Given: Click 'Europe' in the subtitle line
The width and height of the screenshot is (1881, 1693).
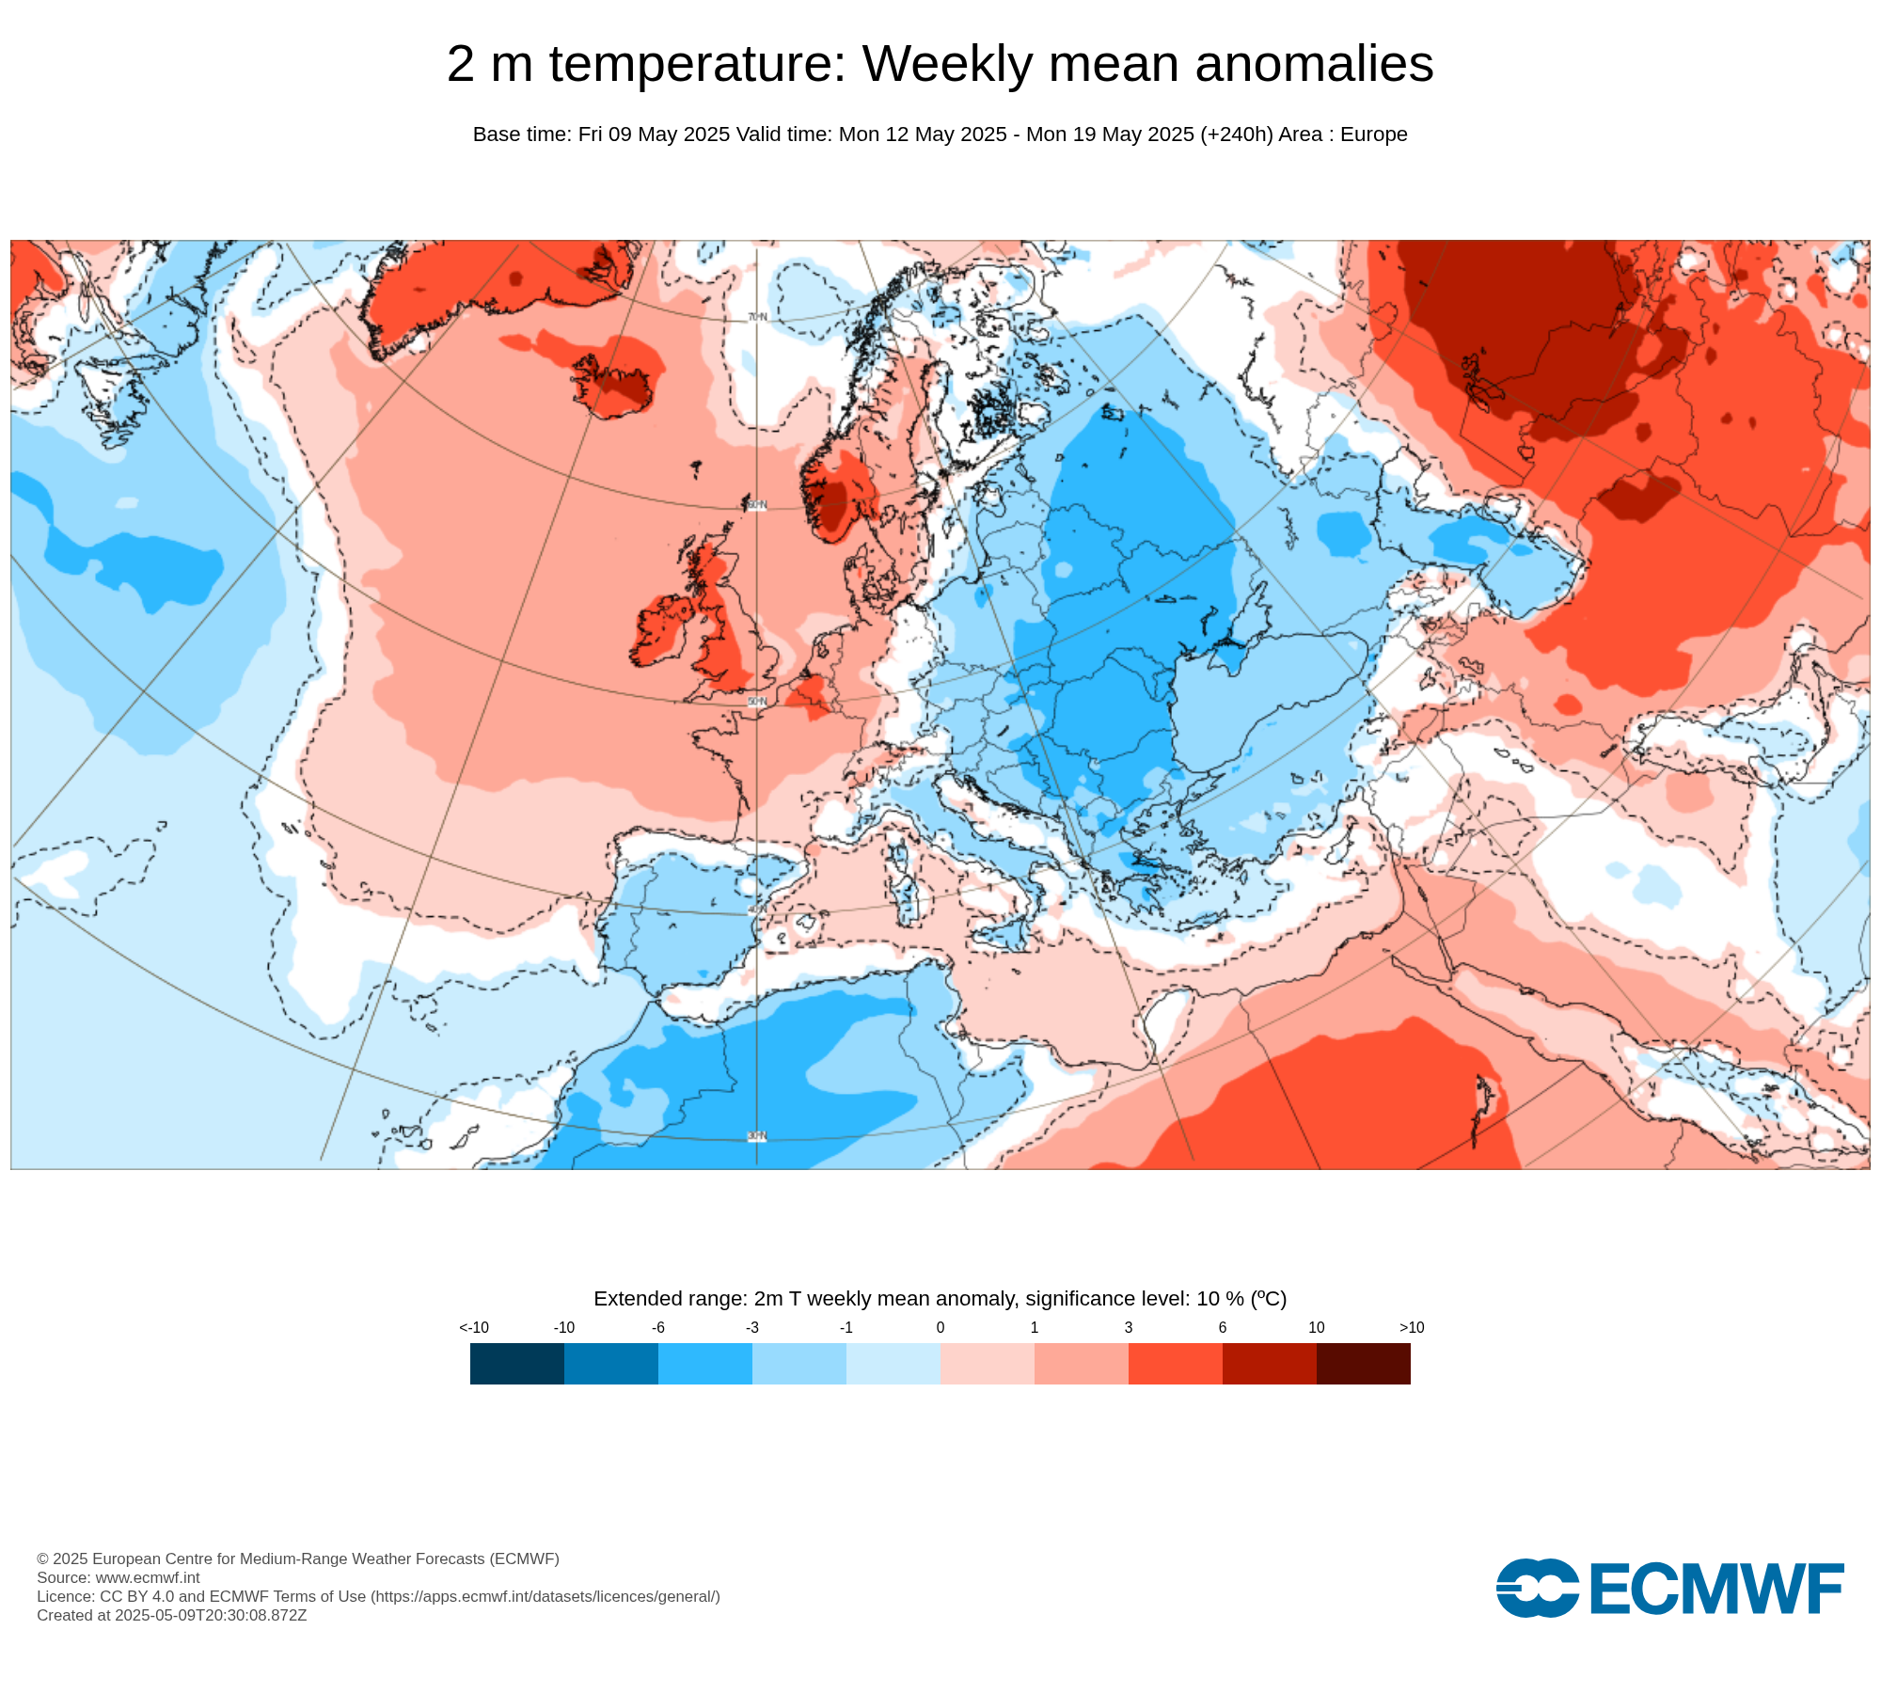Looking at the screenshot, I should (x=1373, y=134).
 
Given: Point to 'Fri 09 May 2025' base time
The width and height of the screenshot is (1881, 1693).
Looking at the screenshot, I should (x=654, y=134).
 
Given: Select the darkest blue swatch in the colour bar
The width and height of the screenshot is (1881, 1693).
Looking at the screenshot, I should (x=517, y=1363).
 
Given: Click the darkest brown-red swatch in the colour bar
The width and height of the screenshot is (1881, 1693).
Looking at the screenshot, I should (x=1364, y=1363).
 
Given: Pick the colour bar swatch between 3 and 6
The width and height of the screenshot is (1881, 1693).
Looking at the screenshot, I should (x=1176, y=1363).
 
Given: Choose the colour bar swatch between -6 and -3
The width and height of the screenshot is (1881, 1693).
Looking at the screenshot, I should (x=705, y=1363).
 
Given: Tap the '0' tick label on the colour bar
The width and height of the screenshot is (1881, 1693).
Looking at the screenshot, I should (x=940, y=1327).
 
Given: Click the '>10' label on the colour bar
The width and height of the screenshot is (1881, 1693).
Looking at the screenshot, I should (x=1411, y=1327).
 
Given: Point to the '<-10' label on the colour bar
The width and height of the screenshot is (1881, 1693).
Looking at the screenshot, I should (x=474, y=1327).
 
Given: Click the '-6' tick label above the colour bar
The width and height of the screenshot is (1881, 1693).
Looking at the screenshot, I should (x=658, y=1327).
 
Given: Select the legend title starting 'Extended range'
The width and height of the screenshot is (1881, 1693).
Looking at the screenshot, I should (x=940, y=1299).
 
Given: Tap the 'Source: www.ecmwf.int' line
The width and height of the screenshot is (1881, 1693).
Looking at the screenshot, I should (x=119, y=1577).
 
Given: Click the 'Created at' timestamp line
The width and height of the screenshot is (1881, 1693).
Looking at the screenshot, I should (x=171, y=1615).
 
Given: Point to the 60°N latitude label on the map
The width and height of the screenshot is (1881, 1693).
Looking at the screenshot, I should (x=757, y=505).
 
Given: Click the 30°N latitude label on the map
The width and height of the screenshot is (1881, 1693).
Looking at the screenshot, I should (x=757, y=1136).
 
